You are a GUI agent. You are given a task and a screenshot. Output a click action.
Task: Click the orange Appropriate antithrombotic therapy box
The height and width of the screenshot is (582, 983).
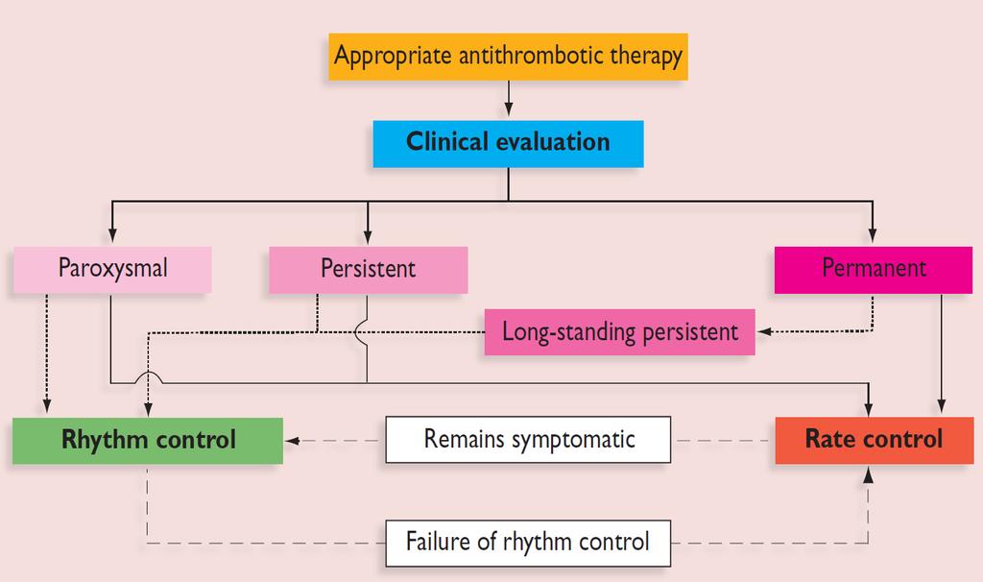[x=508, y=57]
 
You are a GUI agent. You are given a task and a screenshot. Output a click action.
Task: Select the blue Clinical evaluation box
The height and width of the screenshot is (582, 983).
[x=508, y=144]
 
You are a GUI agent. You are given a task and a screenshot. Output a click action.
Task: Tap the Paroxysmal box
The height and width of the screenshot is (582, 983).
[x=112, y=270]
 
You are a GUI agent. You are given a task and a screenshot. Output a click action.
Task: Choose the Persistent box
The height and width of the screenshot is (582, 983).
[x=368, y=270]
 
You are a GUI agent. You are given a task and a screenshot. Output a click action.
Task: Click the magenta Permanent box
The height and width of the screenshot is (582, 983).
[x=874, y=270]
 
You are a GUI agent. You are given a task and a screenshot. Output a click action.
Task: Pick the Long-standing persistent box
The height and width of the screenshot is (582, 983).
[x=619, y=331]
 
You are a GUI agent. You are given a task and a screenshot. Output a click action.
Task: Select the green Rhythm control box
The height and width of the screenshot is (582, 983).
[x=147, y=440]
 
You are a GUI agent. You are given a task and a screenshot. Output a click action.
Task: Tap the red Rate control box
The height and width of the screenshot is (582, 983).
[x=874, y=440]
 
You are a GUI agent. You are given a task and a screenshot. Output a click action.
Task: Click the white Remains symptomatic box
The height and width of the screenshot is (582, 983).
[x=528, y=440]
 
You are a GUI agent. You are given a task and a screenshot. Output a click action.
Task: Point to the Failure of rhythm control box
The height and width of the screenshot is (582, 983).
[x=528, y=544]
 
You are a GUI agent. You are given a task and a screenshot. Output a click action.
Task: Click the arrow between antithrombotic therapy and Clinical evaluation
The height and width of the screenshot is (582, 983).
[x=509, y=99]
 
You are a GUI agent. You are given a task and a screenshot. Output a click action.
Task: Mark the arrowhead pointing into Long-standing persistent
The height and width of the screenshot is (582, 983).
[x=764, y=331]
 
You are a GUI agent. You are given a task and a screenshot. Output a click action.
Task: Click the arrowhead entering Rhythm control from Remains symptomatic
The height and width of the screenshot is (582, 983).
[x=292, y=441]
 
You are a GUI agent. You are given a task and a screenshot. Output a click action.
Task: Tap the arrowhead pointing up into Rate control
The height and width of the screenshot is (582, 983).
[x=868, y=474]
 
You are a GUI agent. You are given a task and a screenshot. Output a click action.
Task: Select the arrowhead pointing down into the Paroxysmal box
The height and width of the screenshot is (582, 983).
[x=112, y=235]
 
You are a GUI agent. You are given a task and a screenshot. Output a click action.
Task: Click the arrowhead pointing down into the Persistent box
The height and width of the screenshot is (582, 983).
[x=368, y=235]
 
